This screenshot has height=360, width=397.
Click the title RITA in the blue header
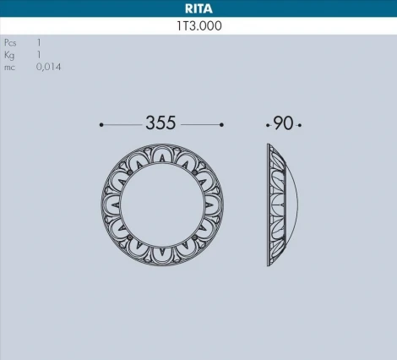point(198,8)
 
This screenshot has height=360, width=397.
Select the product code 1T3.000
point(198,25)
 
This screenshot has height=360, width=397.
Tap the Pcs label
point(10,41)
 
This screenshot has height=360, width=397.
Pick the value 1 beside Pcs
point(39,41)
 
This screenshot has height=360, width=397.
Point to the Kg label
point(9,53)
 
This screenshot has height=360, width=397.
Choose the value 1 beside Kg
point(39,53)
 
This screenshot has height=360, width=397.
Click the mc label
point(9,66)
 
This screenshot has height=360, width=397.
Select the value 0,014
point(48,66)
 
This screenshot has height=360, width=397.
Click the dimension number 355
point(160,123)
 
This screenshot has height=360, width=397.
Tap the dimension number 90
point(283,123)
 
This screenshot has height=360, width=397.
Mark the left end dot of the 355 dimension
point(101,125)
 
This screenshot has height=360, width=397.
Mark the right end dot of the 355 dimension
point(221,125)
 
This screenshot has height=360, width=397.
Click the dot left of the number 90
point(268,125)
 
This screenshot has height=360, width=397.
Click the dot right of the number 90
point(299,125)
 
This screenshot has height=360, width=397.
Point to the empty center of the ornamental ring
point(161,207)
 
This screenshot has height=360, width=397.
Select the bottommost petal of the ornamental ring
point(161,259)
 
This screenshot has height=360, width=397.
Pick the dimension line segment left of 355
point(123,125)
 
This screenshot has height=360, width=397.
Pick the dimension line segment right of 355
point(201,125)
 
